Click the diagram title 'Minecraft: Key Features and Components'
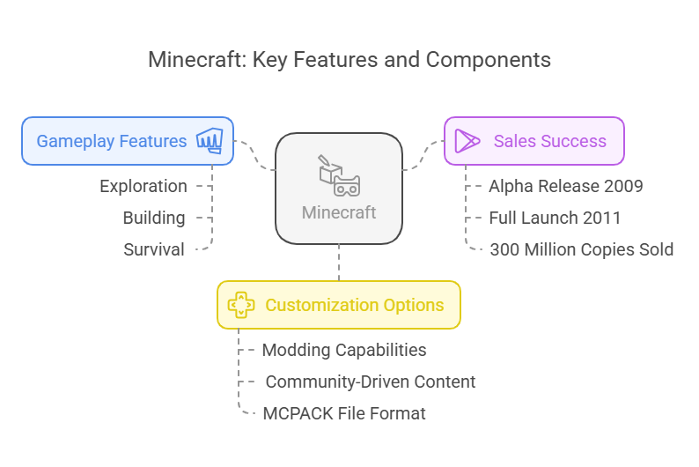click(x=349, y=60)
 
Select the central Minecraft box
click(x=339, y=188)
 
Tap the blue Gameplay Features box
click(x=128, y=141)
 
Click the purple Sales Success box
click(x=533, y=141)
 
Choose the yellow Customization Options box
click(x=339, y=305)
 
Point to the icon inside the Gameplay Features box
click(x=210, y=141)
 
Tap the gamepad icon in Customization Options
click(x=240, y=305)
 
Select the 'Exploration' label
click(x=143, y=186)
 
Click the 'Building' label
click(x=154, y=218)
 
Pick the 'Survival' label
click(x=154, y=249)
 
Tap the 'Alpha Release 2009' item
click(x=565, y=186)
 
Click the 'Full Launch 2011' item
click(x=555, y=218)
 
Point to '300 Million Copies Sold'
click(x=581, y=249)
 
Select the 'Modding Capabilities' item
click(x=344, y=350)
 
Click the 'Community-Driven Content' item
click(x=370, y=382)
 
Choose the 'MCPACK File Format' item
click(x=344, y=413)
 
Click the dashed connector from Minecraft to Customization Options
click(x=339, y=263)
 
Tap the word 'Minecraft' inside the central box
click(x=339, y=212)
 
